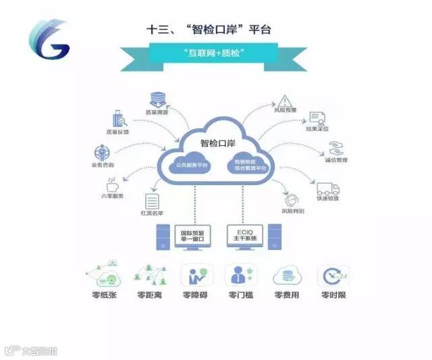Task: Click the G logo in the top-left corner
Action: point(49,41)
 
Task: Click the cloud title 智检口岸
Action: point(215,143)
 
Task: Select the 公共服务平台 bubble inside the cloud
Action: point(183,164)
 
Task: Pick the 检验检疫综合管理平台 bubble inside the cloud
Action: point(250,164)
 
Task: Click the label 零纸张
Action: point(103,296)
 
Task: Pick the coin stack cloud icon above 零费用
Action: point(287,276)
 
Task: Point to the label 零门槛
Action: point(241,296)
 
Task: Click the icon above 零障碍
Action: point(196,276)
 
